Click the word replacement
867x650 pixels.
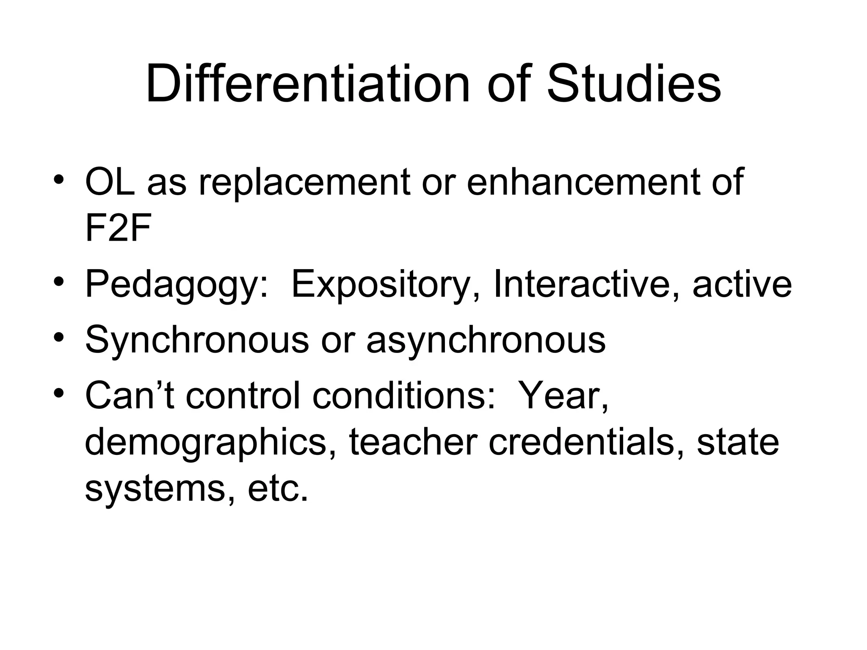pos(304,183)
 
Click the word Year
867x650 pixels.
pos(563,395)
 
